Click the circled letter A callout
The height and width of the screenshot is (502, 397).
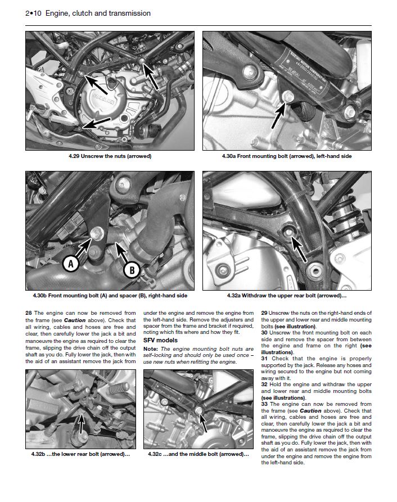click(x=70, y=264)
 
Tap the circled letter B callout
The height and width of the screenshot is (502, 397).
click(x=131, y=270)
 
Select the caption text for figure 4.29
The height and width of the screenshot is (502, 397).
click(x=110, y=156)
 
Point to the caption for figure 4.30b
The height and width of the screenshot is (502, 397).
click(x=110, y=296)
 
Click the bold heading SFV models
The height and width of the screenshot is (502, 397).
click(x=160, y=340)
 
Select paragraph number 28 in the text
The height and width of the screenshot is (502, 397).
click(x=29, y=312)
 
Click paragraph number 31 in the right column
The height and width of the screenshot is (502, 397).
click(x=264, y=358)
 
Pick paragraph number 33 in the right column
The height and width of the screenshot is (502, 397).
click(x=264, y=404)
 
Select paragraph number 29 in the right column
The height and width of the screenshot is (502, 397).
click(x=264, y=312)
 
